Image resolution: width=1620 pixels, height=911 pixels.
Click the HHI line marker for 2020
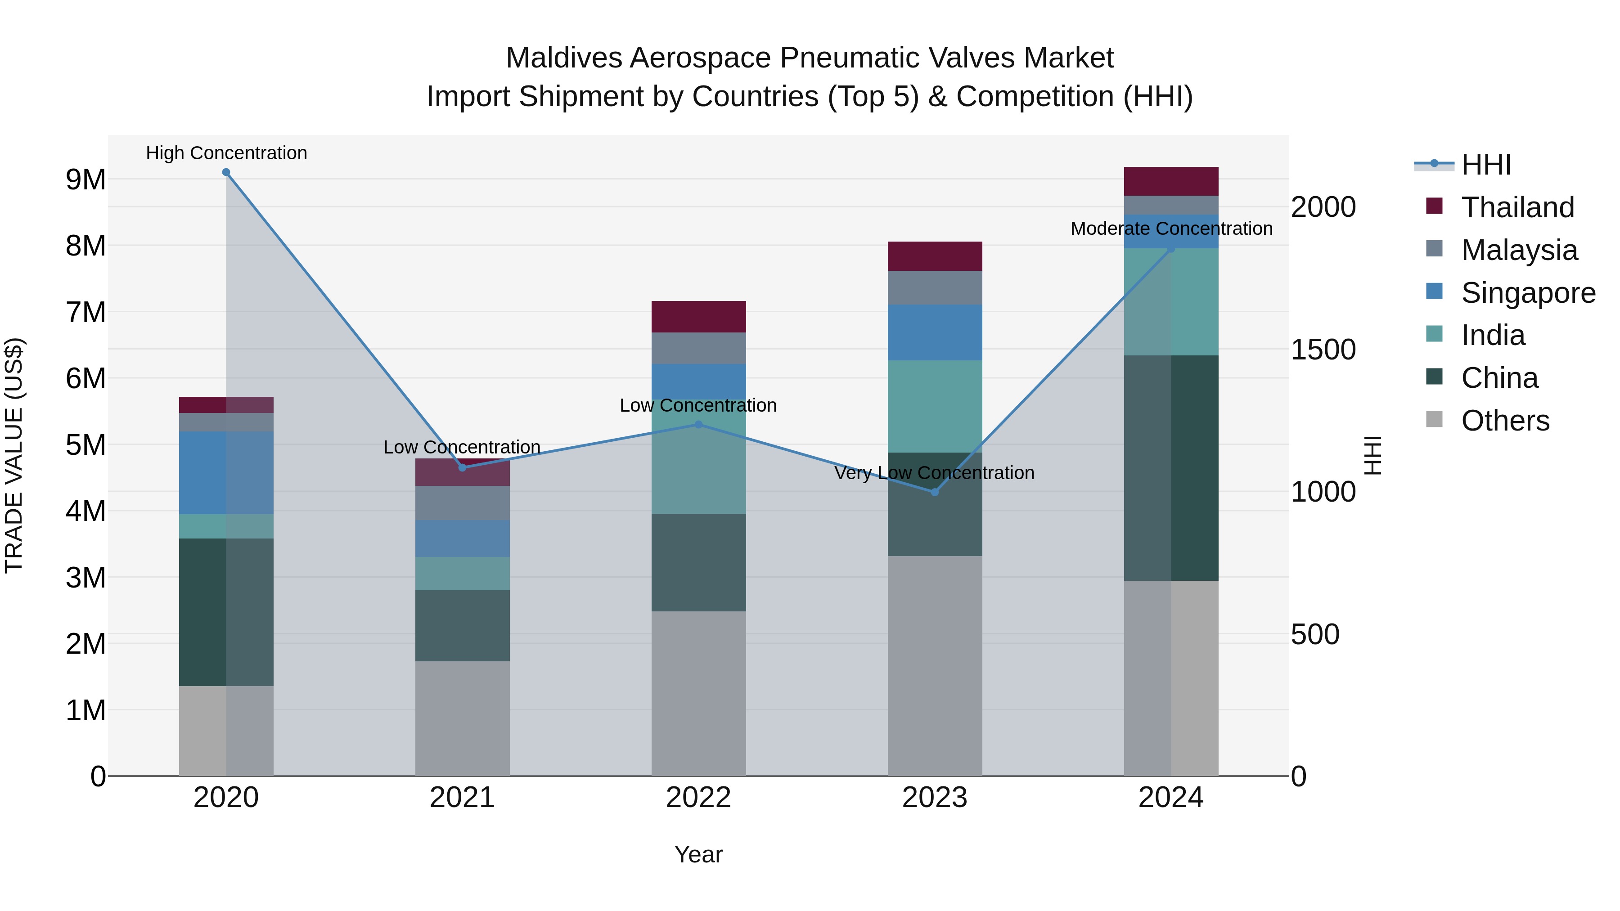[226, 172]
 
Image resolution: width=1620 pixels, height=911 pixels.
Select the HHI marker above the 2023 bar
[935, 492]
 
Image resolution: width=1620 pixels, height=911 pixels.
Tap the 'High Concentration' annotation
[226, 153]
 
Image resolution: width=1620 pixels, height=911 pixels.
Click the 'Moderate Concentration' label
[1171, 229]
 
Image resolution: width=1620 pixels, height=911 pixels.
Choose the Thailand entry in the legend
[1517, 207]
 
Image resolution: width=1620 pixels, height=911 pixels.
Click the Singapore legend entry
[1528, 293]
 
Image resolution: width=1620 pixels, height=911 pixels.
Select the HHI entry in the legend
[1485, 165]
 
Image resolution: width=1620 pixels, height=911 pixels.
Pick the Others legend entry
[1505, 421]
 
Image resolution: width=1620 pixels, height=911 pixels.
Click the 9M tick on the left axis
[85, 180]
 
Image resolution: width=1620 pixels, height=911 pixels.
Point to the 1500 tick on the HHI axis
[1323, 350]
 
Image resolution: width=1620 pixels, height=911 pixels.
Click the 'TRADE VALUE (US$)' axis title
[14, 455]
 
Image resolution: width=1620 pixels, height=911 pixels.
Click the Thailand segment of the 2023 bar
[935, 256]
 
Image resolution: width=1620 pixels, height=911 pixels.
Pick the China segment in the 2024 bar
[1171, 468]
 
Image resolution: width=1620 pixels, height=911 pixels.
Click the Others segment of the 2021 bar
[462, 718]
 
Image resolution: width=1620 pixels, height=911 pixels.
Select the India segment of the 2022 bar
[698, 465]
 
